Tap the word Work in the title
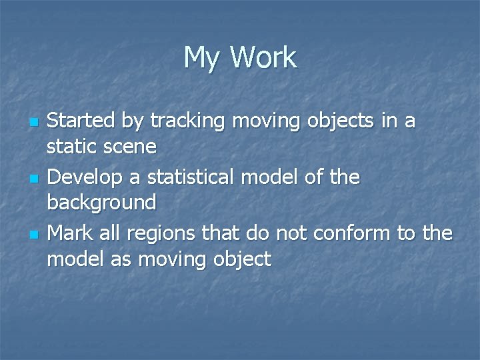[x=263, y=58]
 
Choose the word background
[x=102, y=202]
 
